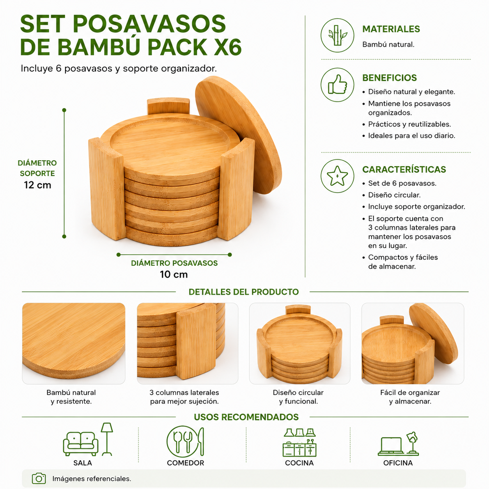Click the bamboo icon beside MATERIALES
point(337,35)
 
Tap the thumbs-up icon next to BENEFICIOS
point(337,85)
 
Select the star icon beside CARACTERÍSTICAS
point(337,176)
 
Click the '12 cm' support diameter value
point(37,185)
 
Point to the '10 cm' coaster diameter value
point(174,274)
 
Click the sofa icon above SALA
point(81,444)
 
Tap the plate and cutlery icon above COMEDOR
point(185,442)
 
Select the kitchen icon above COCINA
point(299,443)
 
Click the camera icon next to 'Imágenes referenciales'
point(39,478)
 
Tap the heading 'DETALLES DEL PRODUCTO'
point(244,292)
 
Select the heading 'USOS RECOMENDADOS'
point(246,417)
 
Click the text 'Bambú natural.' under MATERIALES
point(388,45)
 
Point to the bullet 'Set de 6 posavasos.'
point(402,183)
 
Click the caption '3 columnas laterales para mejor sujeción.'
point(184,397)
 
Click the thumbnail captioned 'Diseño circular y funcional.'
point(300,343)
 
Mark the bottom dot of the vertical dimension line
point(64,237)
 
